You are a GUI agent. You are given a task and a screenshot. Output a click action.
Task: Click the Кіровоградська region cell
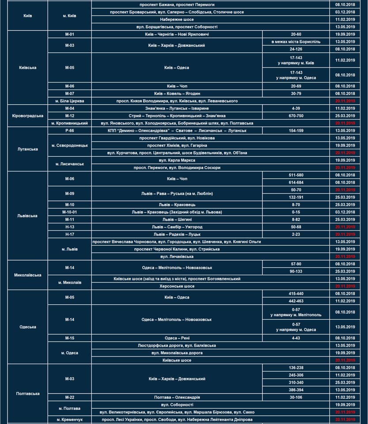(x=27, y=116)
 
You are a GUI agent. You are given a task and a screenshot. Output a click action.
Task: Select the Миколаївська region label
(x=27, y=275)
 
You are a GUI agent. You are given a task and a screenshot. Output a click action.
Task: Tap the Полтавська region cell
(x=27, y=394)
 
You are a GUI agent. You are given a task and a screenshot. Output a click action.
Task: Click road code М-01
(x=69, y=34)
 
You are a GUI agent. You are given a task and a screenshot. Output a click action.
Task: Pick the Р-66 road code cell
(x=69, y=131)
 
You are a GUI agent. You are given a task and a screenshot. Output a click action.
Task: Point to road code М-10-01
(x=69, y=212)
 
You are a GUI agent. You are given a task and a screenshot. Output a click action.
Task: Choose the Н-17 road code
(x=69, y=235)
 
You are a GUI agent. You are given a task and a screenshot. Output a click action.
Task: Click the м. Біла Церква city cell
(x=69, y=101)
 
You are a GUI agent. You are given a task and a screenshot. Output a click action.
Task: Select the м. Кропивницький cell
(x=69, y=123)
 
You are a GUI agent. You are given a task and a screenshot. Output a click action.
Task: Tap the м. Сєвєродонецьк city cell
(x=69, y=145)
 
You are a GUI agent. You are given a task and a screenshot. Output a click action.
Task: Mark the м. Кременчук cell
(x=69, y=420)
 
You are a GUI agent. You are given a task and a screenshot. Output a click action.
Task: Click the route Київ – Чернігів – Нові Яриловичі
(x=177, y=34)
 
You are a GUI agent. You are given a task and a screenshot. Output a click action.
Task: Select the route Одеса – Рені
(x=177, y=338)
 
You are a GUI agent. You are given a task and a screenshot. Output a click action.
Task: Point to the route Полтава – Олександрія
(x=177, y=397)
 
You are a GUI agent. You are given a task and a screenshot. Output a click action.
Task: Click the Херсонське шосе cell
(x=177, y=286)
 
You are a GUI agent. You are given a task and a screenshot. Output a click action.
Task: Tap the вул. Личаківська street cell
(x=177, y=257)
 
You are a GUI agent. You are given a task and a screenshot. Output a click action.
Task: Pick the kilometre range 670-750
(x=296, y=116)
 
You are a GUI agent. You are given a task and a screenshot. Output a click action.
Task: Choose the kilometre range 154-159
(x=296, y=131)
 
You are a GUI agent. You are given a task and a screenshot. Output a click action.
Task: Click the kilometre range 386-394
(x=296, y=390)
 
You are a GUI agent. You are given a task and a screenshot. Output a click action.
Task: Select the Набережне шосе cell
(x=177, y=19)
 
